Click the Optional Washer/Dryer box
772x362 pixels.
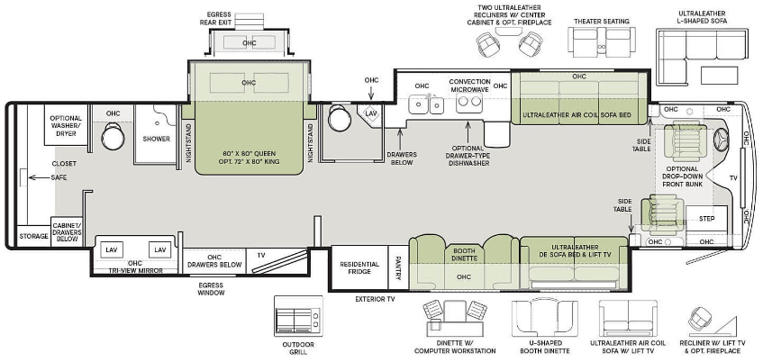pos(66,124)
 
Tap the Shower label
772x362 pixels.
pos(156,139)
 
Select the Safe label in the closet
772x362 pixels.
pos(59,177)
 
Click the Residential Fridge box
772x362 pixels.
pos(359,267)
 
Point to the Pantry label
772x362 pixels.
pos(398,267)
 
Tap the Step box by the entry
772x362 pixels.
pos(706,219)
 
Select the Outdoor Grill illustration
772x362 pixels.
pos(298,316)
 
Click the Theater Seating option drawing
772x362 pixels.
pos(601,40)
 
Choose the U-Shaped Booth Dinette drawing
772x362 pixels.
pos(544,318)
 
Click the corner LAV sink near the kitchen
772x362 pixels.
pos(370,113)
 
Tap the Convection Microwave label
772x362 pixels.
pos(469,85)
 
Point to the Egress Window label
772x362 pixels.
pos(211,289)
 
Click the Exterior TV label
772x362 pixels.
pos(375,299)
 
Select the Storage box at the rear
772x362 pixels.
pos(33,236)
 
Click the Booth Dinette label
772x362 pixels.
pos(464,253)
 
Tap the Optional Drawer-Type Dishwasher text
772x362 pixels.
pos(468,156)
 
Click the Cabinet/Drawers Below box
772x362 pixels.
pos(67,231)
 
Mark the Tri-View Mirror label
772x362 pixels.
pos(135,270)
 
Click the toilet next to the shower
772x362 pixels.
pos(113,136)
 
